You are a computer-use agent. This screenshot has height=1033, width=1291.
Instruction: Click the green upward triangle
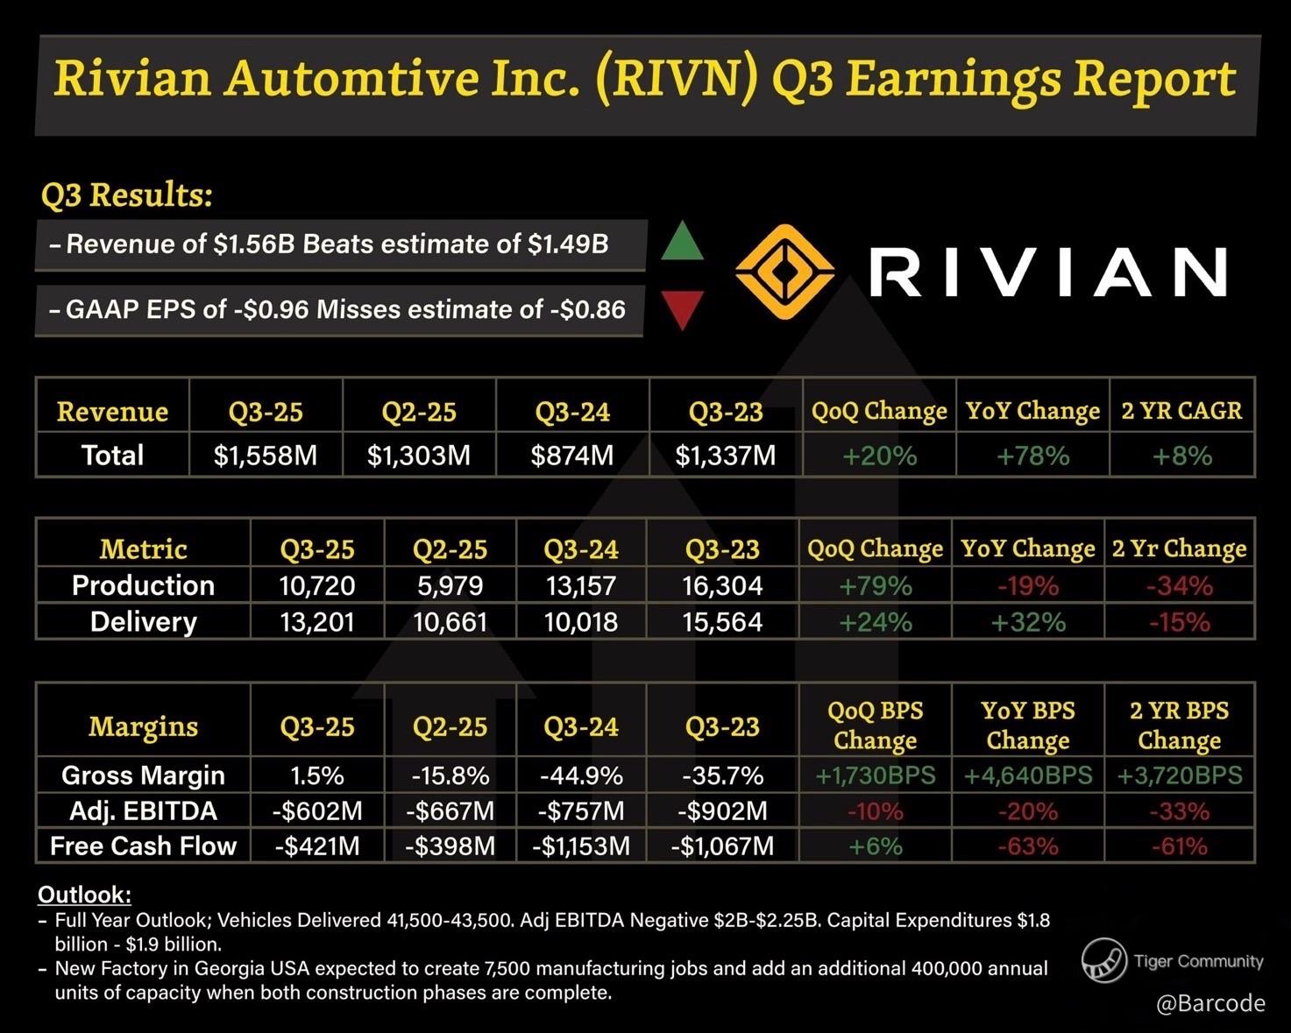(x=681, y=243)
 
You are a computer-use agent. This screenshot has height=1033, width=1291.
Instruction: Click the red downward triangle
(x=681, y=308)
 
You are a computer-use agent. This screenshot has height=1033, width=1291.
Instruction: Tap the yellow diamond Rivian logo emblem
(x=784, y=272)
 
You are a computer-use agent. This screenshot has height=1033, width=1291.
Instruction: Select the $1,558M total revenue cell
(x=266, y=456)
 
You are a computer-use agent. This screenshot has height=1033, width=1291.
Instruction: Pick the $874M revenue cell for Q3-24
(x=572, y=456)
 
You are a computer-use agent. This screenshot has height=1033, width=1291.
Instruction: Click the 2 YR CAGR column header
(x=1181, y=411)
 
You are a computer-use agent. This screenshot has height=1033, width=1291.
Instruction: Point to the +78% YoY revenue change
(x=1032, y=456)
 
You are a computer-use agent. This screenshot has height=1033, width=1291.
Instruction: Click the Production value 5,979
(x=450, y=585)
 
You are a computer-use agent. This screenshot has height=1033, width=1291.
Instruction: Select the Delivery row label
(x=143, y=622)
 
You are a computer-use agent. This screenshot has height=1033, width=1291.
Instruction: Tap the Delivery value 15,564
(x=722, y=622)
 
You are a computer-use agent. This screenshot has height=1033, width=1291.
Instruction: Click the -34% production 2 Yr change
(x=1179, y=585)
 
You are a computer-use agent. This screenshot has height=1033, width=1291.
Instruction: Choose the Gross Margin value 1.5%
(x=316, y=775)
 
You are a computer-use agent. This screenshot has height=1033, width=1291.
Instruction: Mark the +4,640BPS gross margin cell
(x=1028, y=775)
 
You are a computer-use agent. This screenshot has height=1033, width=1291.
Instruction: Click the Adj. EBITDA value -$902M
(x=722, y=811)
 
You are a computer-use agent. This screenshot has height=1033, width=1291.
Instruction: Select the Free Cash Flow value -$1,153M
(x=580, y=846)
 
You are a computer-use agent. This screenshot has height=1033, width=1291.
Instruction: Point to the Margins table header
(x=143, y=726)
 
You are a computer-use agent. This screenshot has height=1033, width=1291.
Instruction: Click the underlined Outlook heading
(x=84, y=895)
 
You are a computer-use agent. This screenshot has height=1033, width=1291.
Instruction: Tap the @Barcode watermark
(x=1210, y=1003)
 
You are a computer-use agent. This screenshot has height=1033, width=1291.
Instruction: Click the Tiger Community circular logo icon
(x=1103, y=960)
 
